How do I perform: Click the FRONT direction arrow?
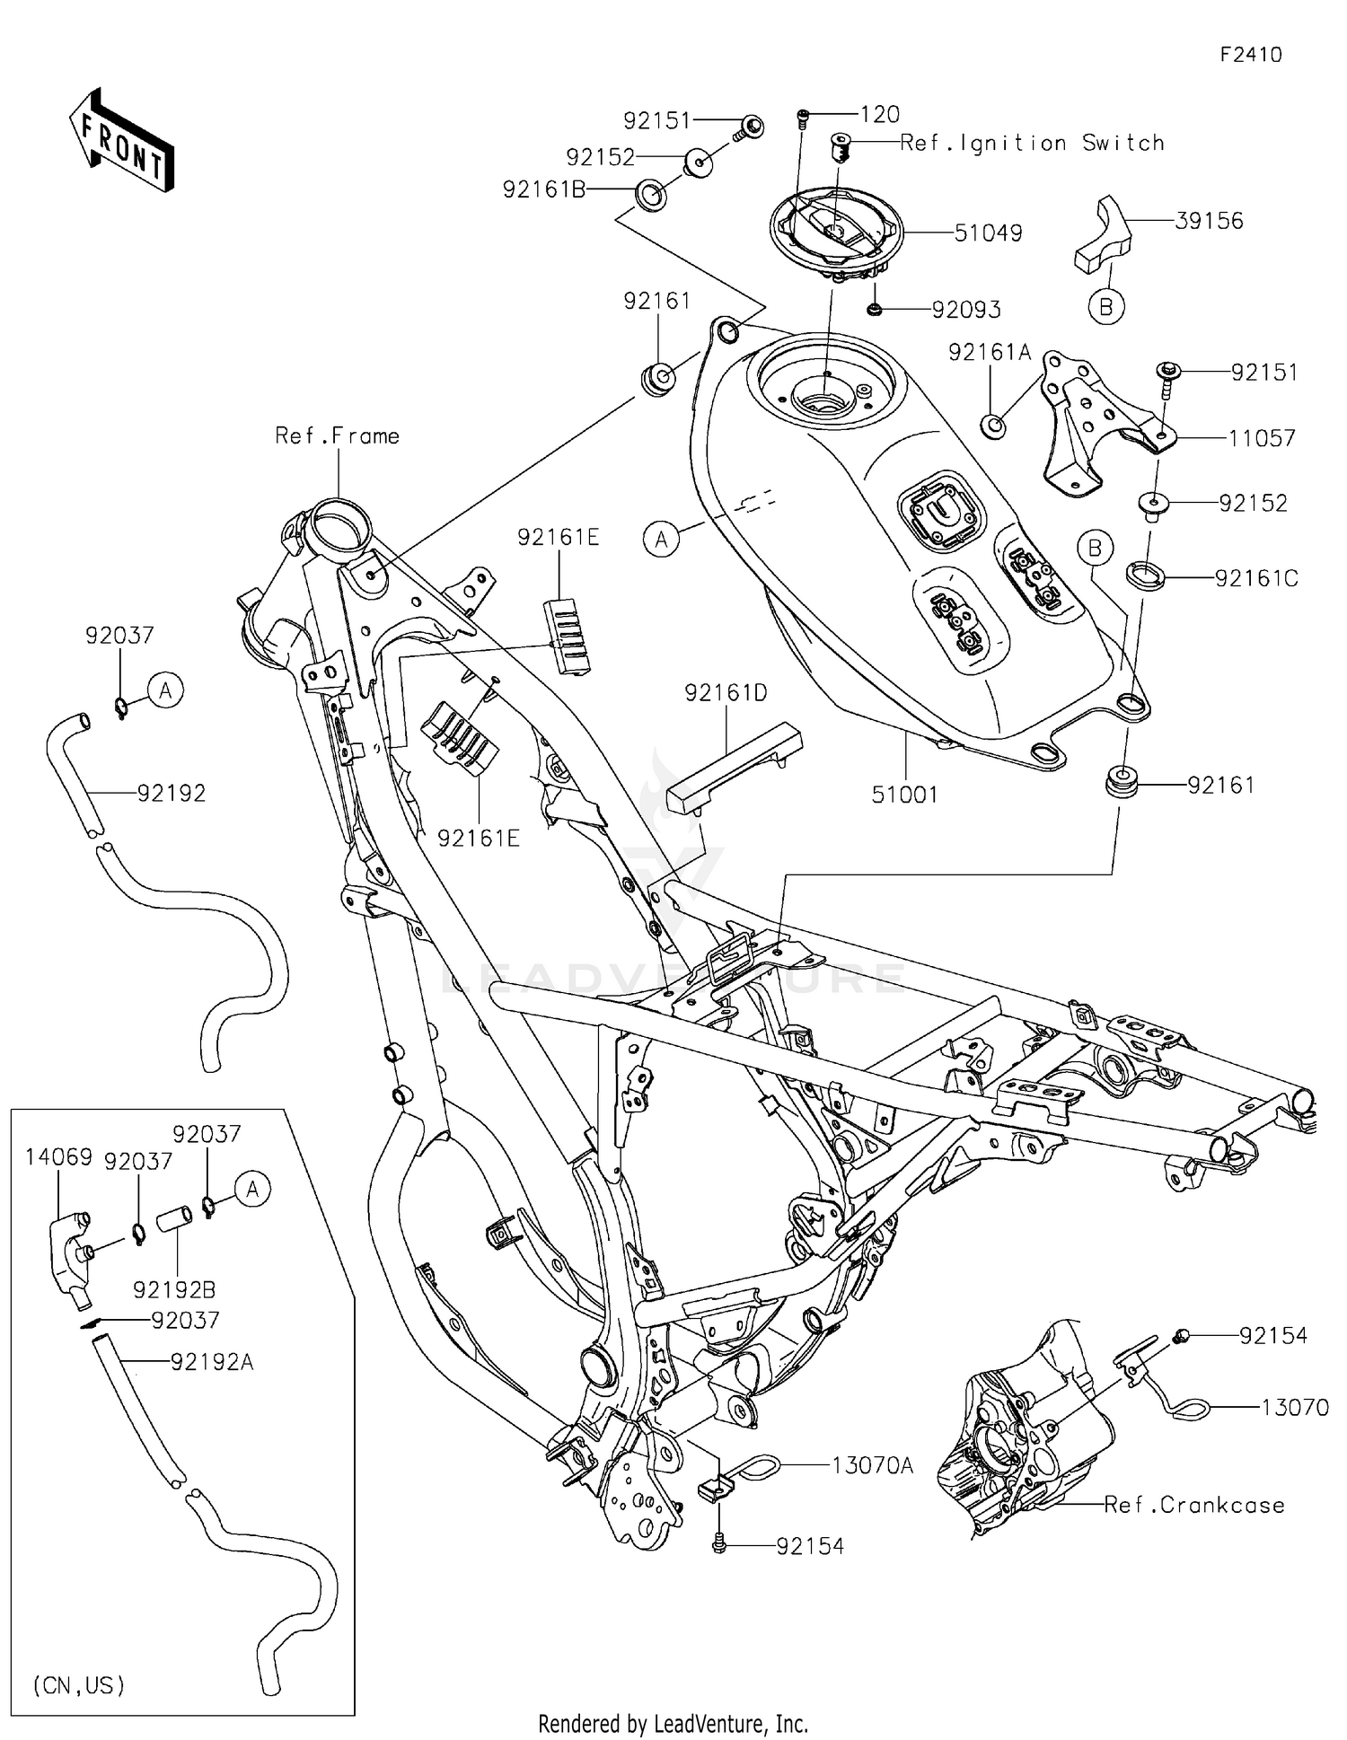coord(121,140)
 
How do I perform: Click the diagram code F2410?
coord(1250,55)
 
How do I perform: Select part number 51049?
coord(988,233)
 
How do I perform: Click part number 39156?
coord(1209,221)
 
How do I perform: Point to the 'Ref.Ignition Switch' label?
coord(1032,143)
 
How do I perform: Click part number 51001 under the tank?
coord(904,795)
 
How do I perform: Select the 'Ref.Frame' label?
coord(337,436)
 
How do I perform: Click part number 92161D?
coord(726,693)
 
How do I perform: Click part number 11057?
coord(1262,438)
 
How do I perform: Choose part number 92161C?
coord(1256,579)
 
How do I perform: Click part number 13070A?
coord(872,1466)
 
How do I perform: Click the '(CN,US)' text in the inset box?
coord(79,1685)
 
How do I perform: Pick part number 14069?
coord(58,1157)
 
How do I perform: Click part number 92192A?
coord(212,1363)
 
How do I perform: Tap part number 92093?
coord(965,310)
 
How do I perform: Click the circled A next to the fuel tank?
coord(662,540)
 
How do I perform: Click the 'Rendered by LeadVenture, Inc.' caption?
coord(673,1724)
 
